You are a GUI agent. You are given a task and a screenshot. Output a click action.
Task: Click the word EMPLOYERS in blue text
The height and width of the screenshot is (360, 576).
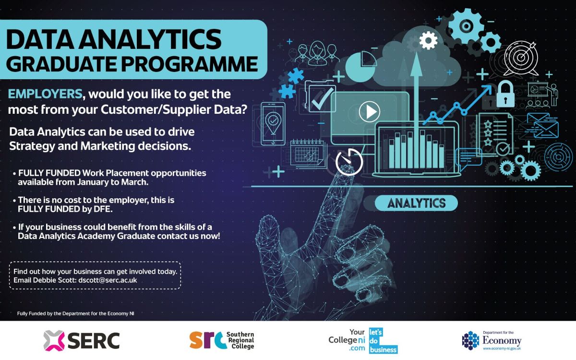tap(45, 94)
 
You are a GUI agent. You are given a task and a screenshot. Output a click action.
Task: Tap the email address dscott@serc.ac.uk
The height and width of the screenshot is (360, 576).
tap(108, 280)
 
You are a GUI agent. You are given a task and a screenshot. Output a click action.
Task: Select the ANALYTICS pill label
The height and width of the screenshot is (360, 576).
tap(416, 203)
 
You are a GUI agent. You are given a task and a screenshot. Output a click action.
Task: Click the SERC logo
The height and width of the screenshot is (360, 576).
tap(82, 340)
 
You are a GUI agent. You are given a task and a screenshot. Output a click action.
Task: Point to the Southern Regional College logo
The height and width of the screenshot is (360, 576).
tap(222, 340)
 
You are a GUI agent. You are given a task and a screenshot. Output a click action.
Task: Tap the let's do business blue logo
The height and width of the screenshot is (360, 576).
tap(383, 340)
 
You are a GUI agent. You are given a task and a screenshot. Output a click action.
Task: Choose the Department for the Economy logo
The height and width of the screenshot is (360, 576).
tap(492, 340)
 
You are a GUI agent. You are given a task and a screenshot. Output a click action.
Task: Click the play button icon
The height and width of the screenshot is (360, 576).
tap(370, 111)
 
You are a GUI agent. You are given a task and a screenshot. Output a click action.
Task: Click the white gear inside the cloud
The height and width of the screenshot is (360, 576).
tap(428, 40)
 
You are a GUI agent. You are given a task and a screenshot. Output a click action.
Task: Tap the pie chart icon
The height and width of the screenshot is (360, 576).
tap(360, 66)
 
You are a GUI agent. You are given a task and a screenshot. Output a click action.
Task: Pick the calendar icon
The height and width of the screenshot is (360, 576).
tap(307, 153)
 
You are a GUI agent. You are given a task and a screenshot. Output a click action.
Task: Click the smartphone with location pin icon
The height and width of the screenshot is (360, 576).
tap(273, 124)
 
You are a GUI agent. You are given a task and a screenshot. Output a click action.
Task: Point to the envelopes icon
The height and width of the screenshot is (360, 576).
tap(542, 125)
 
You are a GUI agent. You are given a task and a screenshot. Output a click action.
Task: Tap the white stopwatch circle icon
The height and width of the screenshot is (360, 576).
tap(349, 162)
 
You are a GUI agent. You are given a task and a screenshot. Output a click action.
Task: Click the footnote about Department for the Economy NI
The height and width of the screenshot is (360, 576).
tap(76, 313)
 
